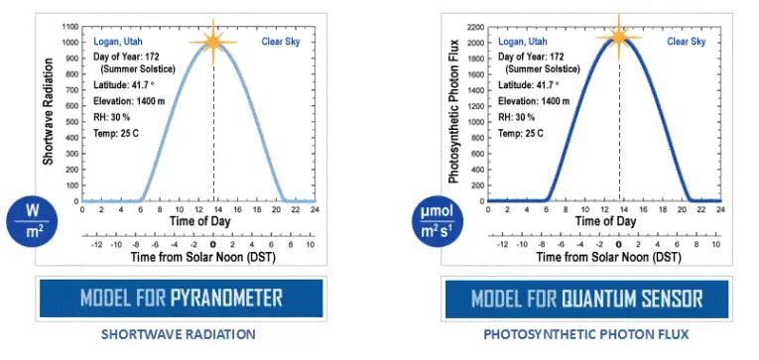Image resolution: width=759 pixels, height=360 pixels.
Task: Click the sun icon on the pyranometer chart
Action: point(212,42)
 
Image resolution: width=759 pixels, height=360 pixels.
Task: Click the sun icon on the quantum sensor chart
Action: point(618,38)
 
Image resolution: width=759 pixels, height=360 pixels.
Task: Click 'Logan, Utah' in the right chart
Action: point(523,43)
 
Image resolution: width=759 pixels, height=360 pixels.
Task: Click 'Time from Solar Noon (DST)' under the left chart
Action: point(197,258)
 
